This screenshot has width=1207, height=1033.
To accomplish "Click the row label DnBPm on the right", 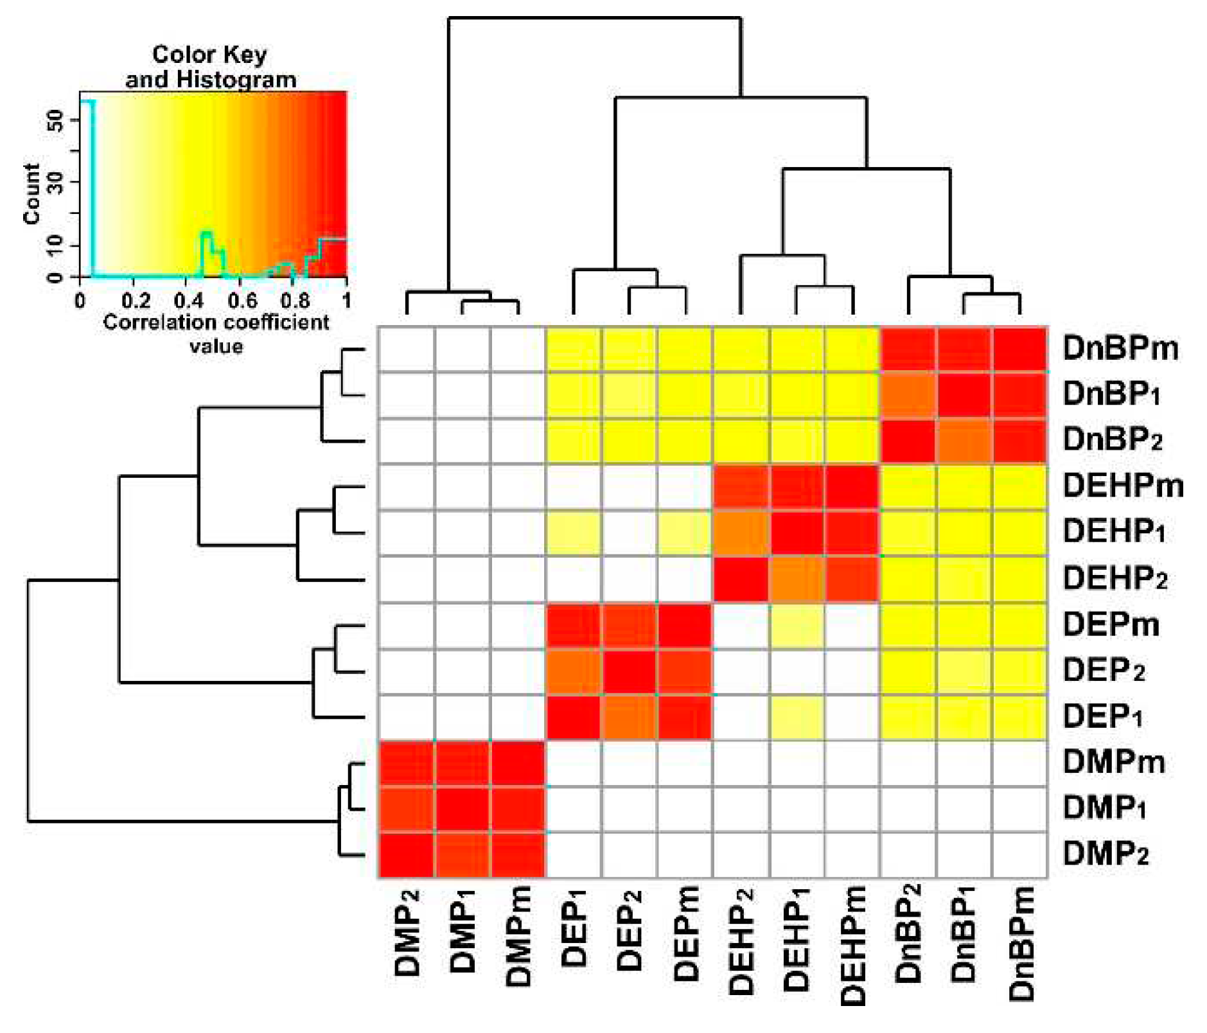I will (x=1120, y=348).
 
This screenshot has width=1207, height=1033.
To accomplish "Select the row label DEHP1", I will (x=1113, y=531).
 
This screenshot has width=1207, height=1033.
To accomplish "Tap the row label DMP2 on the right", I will (x=1105, y=854).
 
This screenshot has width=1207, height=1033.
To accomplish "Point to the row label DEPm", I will (x=1111, y=624).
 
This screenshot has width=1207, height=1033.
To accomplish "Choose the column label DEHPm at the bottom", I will (x=852, y=944).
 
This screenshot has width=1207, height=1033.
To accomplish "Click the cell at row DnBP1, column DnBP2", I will (x=908, y=395).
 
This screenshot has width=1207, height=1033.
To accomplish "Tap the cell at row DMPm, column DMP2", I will (x=406, y=763).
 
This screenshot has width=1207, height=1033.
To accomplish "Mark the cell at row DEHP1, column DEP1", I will (x=574, y=533).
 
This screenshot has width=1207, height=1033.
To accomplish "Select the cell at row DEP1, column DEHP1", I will (x=797, y=717).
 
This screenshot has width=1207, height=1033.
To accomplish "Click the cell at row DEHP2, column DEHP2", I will (x=741, y=579).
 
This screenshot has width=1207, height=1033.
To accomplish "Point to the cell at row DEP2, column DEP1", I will (x=574, y=671).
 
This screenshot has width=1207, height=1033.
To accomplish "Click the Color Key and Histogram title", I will (x=210, y=67).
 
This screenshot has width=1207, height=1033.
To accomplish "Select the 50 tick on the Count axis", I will (x=57, y=120).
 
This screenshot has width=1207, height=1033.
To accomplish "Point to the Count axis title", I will (x=31, y=193).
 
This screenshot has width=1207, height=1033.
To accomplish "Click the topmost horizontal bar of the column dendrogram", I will (x=594, y=18).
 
